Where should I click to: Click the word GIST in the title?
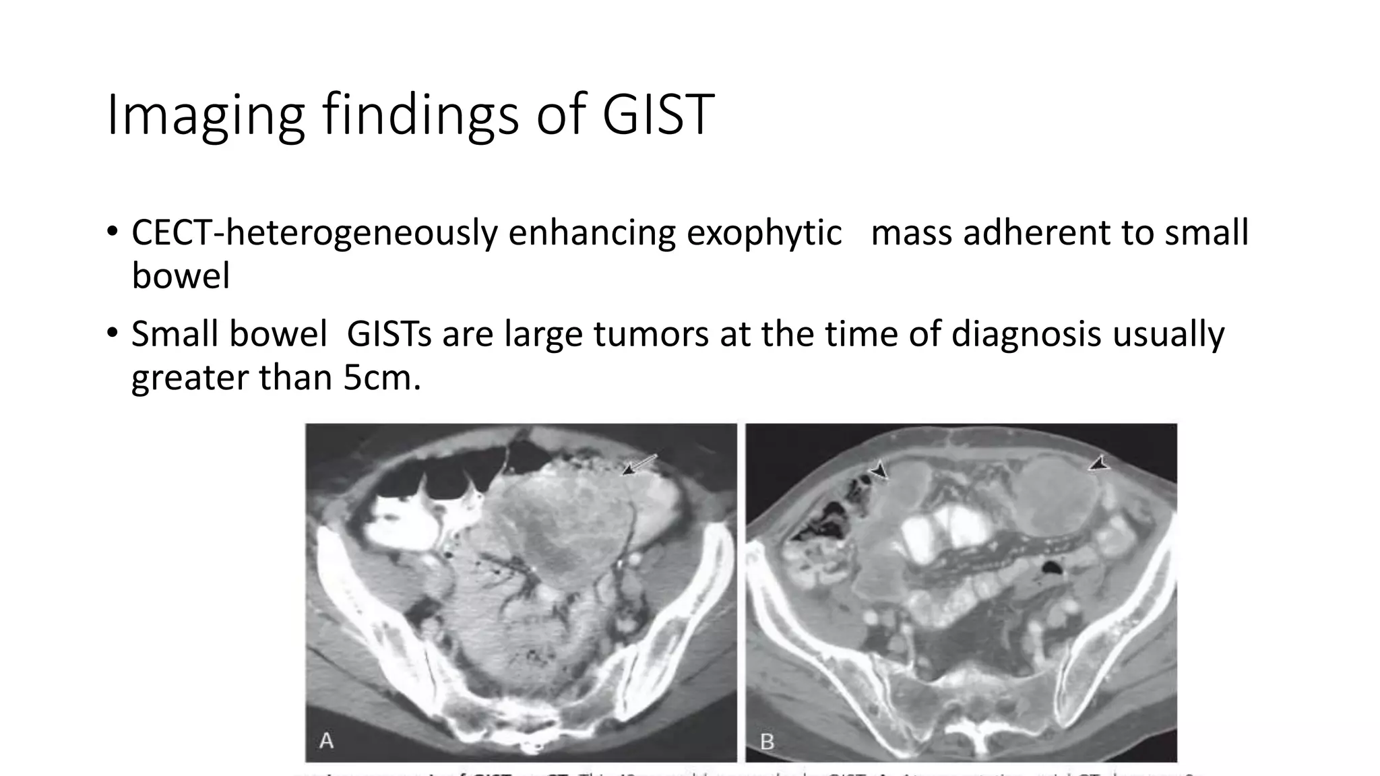(658, 115)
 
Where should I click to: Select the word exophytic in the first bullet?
(764, 233)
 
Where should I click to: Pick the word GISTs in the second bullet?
(389, 334)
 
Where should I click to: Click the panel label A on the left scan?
(326, 741)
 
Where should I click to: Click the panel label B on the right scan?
(767, 742)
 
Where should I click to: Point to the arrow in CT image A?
(637, 465)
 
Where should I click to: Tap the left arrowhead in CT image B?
(879, 470)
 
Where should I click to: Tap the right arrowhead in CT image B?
(1099, 463)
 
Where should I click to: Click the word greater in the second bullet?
(189, 377)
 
